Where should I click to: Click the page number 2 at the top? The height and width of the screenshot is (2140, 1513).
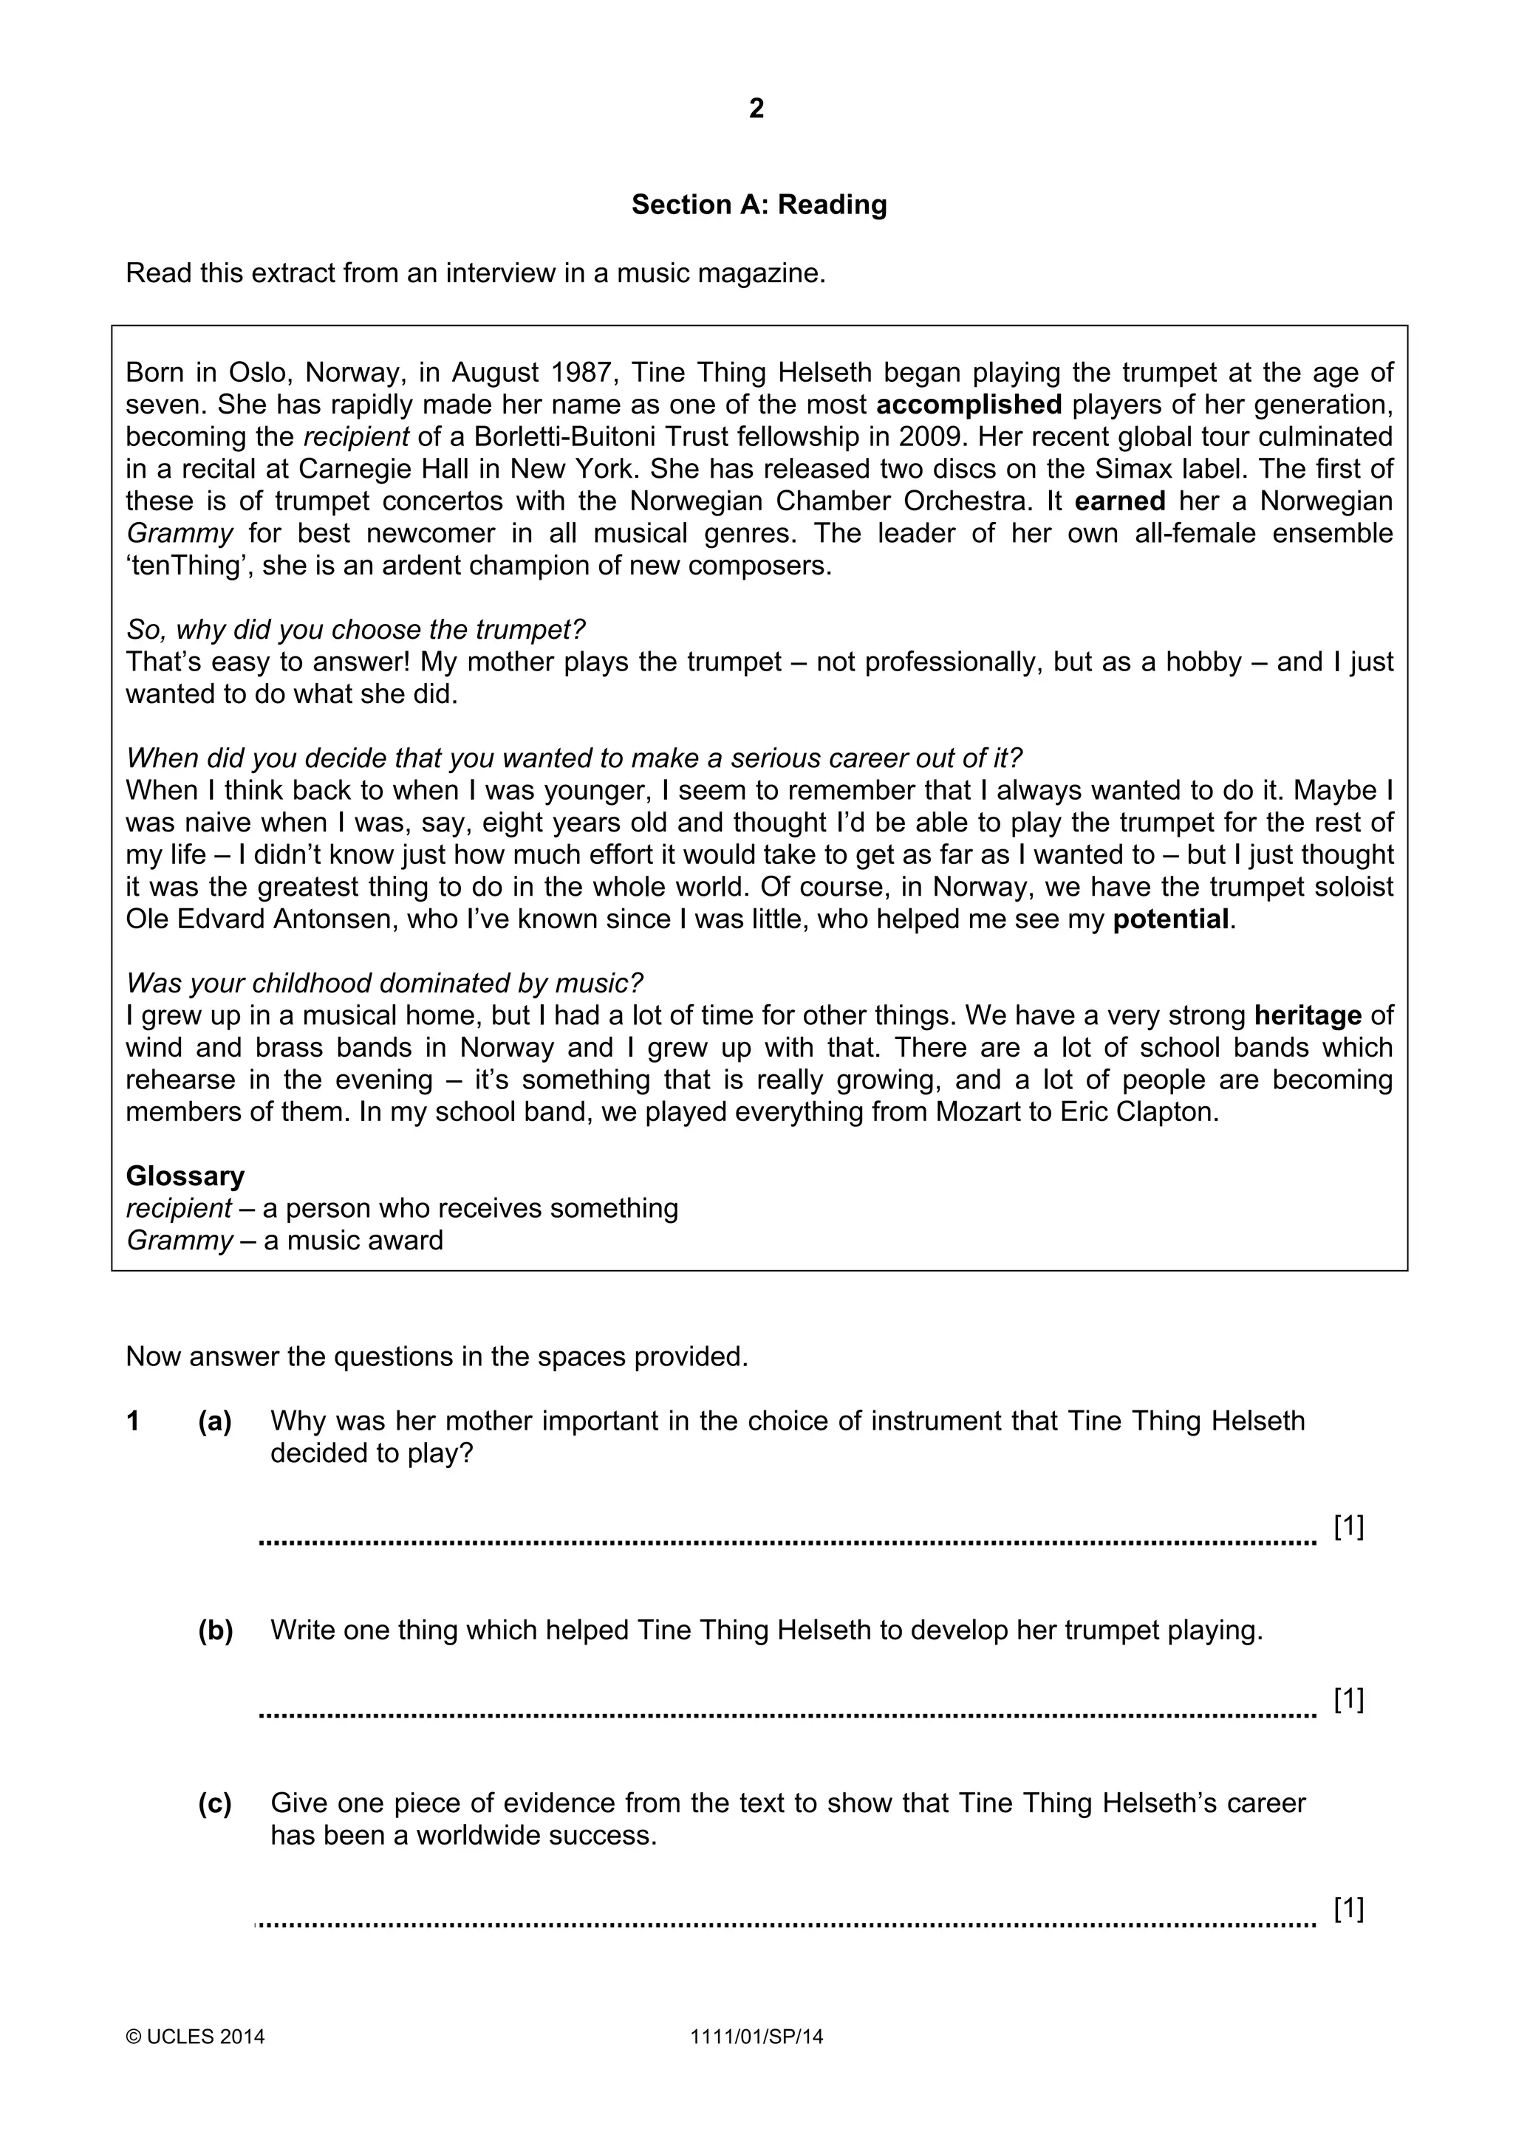[756, 109]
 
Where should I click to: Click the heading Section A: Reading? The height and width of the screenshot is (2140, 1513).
[759, 205]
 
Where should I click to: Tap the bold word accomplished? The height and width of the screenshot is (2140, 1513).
[969, 405]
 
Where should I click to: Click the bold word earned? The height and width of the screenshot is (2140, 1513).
[1119, 501]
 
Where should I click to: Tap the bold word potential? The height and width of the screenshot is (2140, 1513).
[1171, 919]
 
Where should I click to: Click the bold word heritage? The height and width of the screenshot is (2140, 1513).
[1307, 1015]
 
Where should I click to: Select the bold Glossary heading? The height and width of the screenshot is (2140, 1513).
[185, 1176]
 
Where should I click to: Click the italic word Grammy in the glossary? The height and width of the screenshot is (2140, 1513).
[179, 1241]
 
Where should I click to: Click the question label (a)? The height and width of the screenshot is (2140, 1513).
[214, 1421]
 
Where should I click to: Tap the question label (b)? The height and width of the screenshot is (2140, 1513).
[214, 1630]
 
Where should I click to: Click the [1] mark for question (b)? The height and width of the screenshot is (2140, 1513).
[1348, 1699]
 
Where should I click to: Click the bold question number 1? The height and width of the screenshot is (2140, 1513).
[133, 1421]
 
